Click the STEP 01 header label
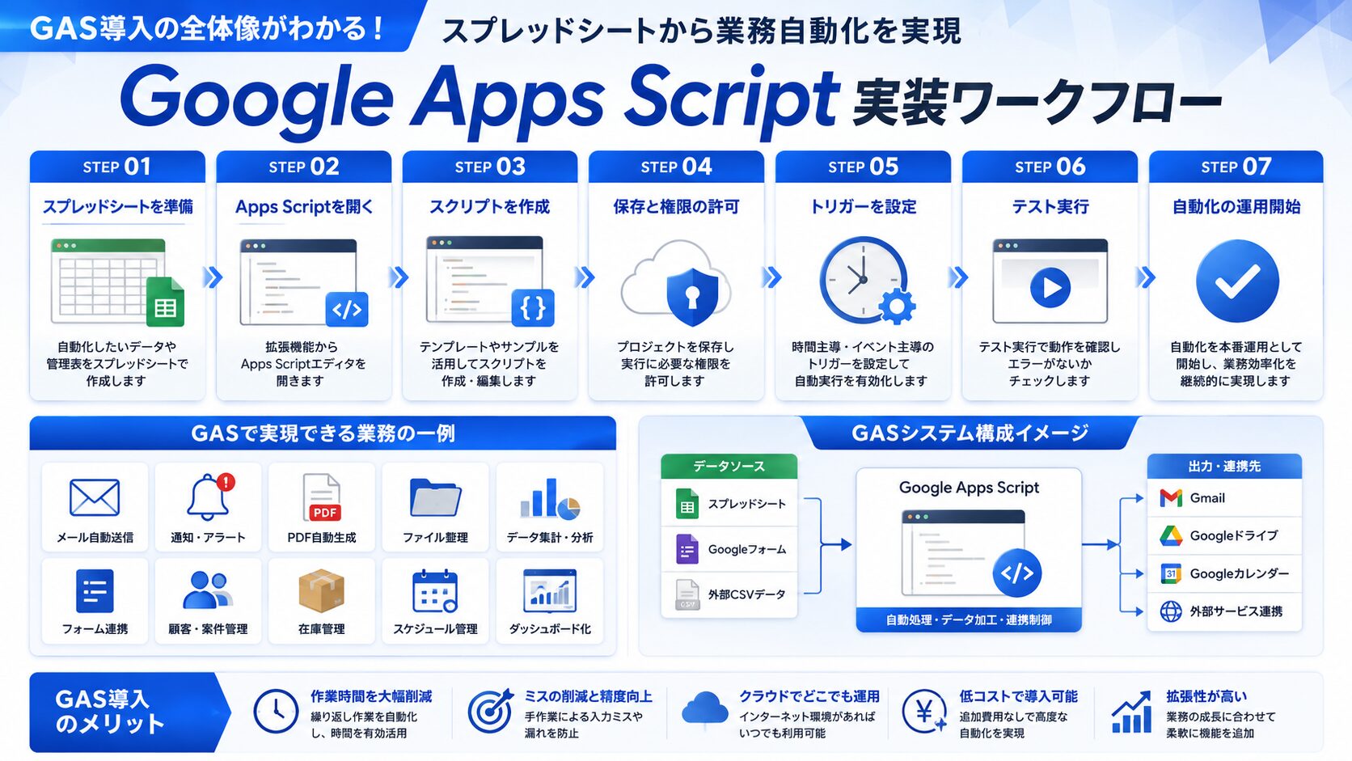(117, 167)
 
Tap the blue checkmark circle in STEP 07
(1237, 281)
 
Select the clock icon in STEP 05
(863, 280)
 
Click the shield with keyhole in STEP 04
(692, 296)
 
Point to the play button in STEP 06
(1050, 287)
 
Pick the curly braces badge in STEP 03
(533, 308)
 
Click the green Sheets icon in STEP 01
(166, 302)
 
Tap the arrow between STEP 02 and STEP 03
(399, 277)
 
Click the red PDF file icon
(322, 498)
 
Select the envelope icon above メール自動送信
(94, 497)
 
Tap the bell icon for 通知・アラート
(209, 497)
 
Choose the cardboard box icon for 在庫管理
(321, 590)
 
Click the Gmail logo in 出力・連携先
(1171, 498)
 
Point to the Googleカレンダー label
(1239, 573)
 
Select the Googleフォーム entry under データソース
(729, 549)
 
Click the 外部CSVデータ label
(746, 594)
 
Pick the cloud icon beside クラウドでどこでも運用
(704, 708)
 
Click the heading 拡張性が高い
(1206, 696)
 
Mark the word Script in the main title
(731, 99)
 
